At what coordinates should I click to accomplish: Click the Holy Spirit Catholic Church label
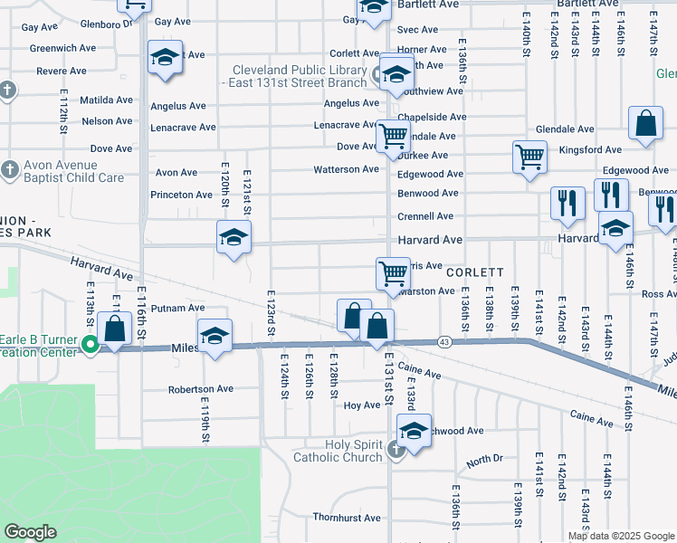(x=338, y=450)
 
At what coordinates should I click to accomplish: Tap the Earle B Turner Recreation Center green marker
(x=91, y=344)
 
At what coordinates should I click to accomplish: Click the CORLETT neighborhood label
(x=474, y=271)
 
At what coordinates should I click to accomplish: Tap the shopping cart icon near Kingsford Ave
(x=529, y=156)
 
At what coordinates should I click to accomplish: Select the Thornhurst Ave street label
(x=347, y=519)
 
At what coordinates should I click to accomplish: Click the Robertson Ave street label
(x=200, y=389)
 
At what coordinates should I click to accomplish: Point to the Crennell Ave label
(x=425, y=216)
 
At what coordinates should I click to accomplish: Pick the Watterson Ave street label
(x=346, y=169)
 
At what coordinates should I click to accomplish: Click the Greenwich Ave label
(x=62, y=48)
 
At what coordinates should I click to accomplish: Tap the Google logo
(x=30, y=532)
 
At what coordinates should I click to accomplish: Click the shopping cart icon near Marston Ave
(x=393, y=271)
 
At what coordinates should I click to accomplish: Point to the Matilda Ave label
(x=106, y=100)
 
